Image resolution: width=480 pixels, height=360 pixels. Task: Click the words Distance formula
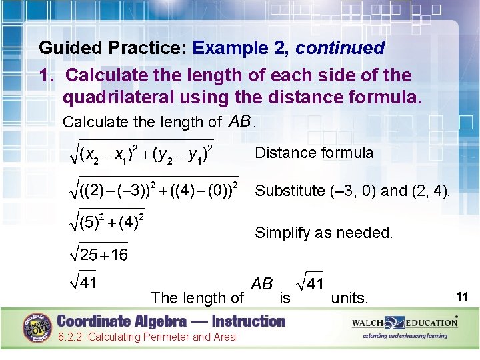[x=314, y=153]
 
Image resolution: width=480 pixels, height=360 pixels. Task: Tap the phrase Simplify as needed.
[x=324, y=233]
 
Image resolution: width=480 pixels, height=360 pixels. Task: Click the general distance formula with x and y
[x=141, y=154]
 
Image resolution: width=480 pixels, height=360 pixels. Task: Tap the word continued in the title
[x=340, y=48]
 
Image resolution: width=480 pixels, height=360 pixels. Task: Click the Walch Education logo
[x=405, y=323]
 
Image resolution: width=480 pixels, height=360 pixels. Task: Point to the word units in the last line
[x=349, y=298]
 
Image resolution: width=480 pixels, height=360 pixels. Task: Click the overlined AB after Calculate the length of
[x=240, y=121]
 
